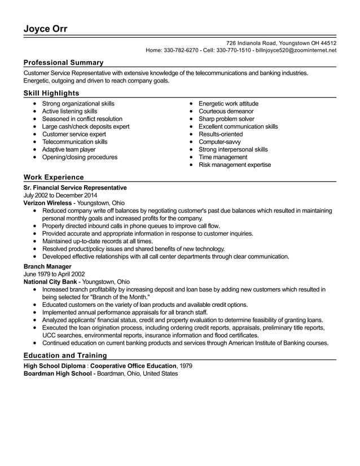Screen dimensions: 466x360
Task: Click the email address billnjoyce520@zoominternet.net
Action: (296, 50)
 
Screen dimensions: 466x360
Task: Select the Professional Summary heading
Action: (63, 63)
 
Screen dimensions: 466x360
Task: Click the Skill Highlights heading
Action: (51, 93)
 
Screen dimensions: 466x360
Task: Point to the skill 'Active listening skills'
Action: (69, 111)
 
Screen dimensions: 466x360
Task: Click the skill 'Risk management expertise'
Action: (234, 165)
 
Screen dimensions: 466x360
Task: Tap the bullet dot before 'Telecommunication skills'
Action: (36, 142)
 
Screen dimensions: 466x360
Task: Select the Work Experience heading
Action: (54, 177)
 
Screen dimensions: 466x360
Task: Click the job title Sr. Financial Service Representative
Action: (75, 187)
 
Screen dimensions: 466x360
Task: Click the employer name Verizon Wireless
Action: (47, 203)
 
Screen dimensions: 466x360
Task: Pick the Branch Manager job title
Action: (47, 266)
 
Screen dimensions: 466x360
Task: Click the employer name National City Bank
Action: (50, 282)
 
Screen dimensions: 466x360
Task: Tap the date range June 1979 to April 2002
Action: (54, 274)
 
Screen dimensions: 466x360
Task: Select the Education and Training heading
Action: (65, 355)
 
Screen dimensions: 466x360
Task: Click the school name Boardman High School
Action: (58, 373)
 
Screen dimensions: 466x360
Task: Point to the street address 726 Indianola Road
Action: (252, 43)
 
